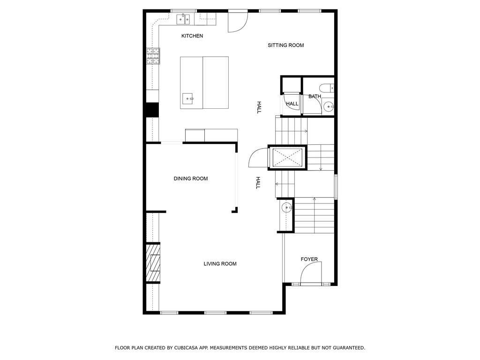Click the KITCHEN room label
point(192,36)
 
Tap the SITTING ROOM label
point(285,45)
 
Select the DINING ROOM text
point(190,179)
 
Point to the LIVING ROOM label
point(220,264)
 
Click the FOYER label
point(309,259)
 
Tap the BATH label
point(315,97)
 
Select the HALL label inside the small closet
point(292,104)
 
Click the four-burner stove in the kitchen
point(153,56)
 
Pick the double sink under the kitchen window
point(183,19)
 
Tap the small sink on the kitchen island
point(188,98)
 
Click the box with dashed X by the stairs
point(286,157)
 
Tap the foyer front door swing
point(311,273)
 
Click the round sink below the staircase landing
point(285,208)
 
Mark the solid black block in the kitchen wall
point(152,109)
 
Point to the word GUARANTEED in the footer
point(348,348)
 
